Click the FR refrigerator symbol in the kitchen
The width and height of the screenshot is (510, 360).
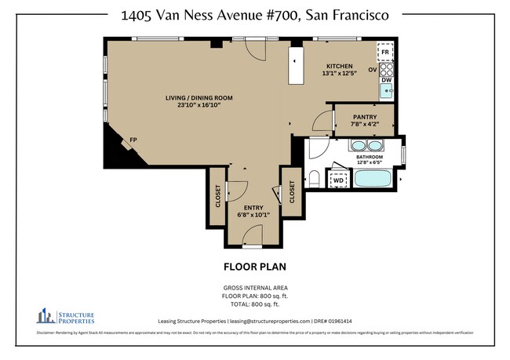click(x=385, y=53)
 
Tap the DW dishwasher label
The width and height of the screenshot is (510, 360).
click(x=386, y=80)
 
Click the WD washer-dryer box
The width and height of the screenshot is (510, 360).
click(x=338, y=180)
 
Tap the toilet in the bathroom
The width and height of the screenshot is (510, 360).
click(x=313, y=179)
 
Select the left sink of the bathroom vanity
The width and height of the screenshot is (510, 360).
click(x=359, y=145)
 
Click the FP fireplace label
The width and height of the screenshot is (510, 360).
click(x=133, y=141)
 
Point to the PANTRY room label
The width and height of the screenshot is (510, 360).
click(x=364, y=116)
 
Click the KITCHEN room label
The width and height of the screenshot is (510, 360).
click(x=340, y=66)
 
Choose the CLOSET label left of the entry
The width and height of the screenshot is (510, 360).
click(x=217, y=196)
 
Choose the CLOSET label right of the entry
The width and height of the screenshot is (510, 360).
click(x=292, y=192)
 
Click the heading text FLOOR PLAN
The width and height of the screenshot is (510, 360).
click(x=254, y=266)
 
